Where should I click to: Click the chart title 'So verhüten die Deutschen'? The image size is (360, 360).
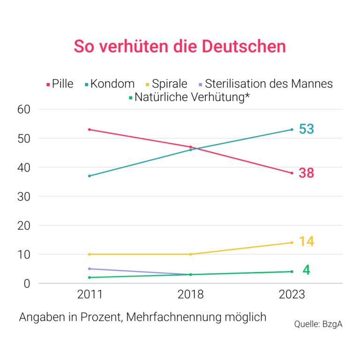pyautogui.click(x=180, y=46)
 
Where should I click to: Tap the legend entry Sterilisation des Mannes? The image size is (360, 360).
pyautogui.click(x=265, y=84)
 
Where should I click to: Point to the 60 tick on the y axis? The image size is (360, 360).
pyautogui.click(x=23, y=109)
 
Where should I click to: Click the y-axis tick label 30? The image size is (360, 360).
pyautogui.click(x=23, y=196)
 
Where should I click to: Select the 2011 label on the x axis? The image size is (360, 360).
pyautogui.click(x=89, y=295)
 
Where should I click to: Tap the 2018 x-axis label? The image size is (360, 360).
pyautogui.click(x=190, y=295)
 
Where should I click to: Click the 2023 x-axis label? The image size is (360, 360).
pyautogui.click(x=292, y=295)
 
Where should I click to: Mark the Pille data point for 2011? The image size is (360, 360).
pyautogui.click(x=89, y=129)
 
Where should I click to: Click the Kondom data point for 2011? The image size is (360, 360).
pyautogui.click(x=89, y=176)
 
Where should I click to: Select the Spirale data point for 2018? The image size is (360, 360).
pyautogui.click(x=190, y=254)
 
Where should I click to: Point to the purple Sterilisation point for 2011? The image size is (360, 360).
pyautogui.click(x=89, y=269)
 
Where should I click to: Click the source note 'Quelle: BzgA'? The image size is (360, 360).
pyautogui.click(x=318, y=324)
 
